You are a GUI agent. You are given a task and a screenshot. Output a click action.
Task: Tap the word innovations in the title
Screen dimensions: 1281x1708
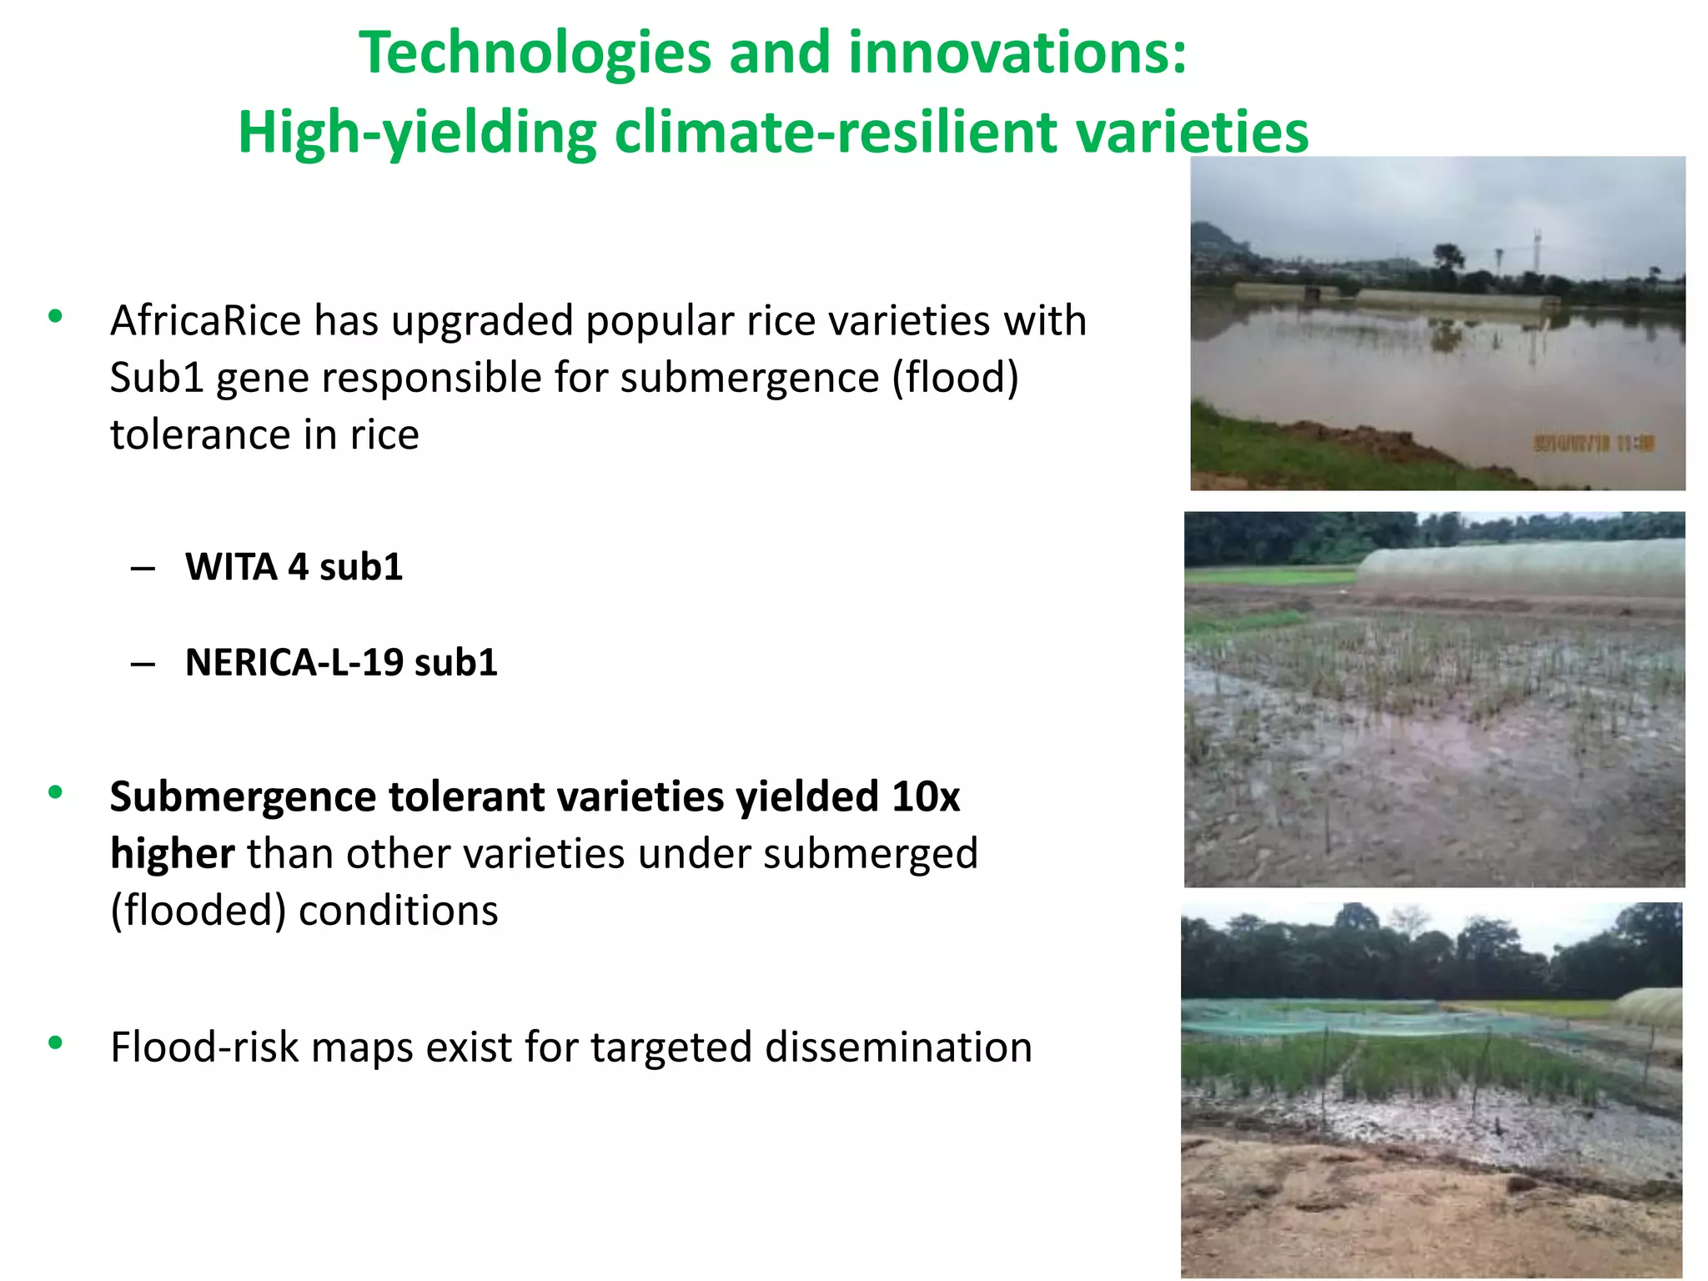point(1017,53)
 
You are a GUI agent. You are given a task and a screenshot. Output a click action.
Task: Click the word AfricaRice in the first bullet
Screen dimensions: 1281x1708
point(205,322)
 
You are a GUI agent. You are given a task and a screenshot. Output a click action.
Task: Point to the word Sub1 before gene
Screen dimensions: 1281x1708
point(157,379)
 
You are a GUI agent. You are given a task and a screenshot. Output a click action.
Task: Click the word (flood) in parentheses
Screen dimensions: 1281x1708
point(956,379)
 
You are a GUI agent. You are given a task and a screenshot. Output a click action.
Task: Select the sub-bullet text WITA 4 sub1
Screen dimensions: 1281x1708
point(294,568)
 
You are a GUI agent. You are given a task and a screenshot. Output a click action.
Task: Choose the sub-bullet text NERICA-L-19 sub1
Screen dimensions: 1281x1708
point(341,663)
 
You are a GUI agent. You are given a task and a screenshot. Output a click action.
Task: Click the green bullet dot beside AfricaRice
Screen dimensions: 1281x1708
point(56,316)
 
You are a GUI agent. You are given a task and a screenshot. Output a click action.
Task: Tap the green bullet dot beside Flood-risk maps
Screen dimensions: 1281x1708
point(56,1042)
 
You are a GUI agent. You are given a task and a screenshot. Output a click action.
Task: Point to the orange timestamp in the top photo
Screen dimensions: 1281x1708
point(1593,444)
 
